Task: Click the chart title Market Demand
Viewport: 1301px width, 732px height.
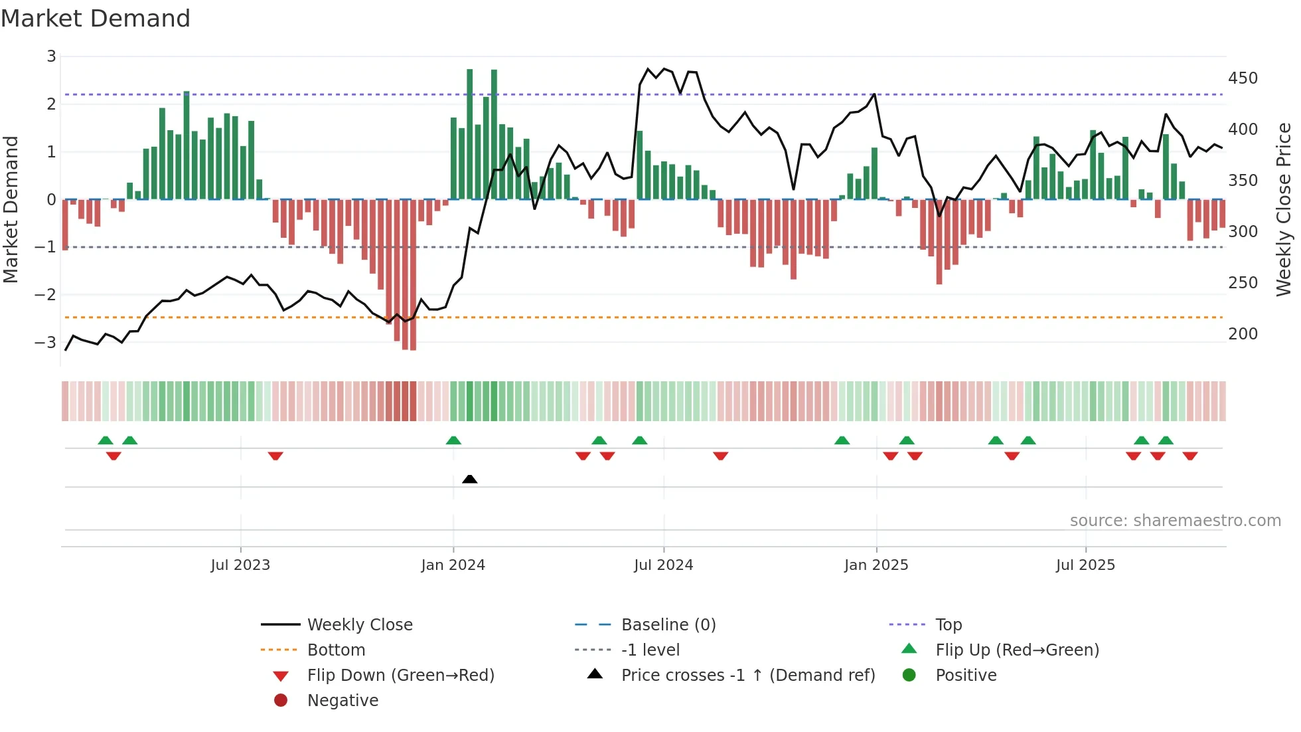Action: [96, 19]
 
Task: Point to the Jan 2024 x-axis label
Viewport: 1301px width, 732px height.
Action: [453, 565]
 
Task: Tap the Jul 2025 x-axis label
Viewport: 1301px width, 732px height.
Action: [1085, 565]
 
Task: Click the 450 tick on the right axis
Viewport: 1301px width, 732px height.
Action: [1243, 78]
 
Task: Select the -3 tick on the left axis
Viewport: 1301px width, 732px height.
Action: [46, 343]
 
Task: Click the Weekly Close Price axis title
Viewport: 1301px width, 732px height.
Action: [1284, 209]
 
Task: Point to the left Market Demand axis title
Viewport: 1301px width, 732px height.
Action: [11, 209]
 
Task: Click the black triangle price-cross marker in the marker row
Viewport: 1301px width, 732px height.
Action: [469, 479]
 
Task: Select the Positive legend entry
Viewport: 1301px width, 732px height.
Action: [966, 676]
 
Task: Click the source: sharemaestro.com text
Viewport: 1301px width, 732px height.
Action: [1175, 521]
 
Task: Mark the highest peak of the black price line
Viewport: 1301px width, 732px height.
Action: [649, 68]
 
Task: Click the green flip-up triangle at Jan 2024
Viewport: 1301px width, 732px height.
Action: [453, 440]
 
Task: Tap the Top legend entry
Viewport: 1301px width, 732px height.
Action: [948, 625]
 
